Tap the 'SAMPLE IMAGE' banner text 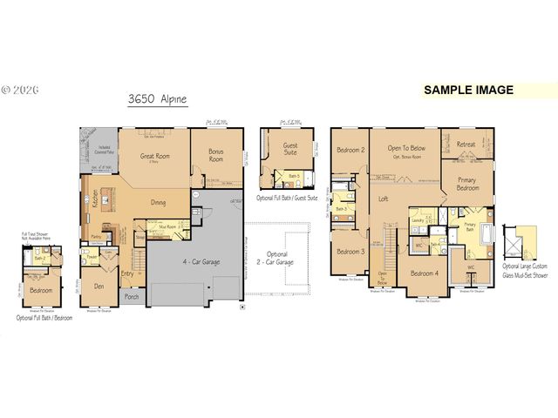(468, 90)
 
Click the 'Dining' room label (159, 202)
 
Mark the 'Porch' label (132, 297)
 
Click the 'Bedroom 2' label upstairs (350, 150)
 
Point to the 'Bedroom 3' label (350, 251)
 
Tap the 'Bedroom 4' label (425, 273)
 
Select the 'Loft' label (383, 199)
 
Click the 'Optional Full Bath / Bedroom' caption (44, 318)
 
